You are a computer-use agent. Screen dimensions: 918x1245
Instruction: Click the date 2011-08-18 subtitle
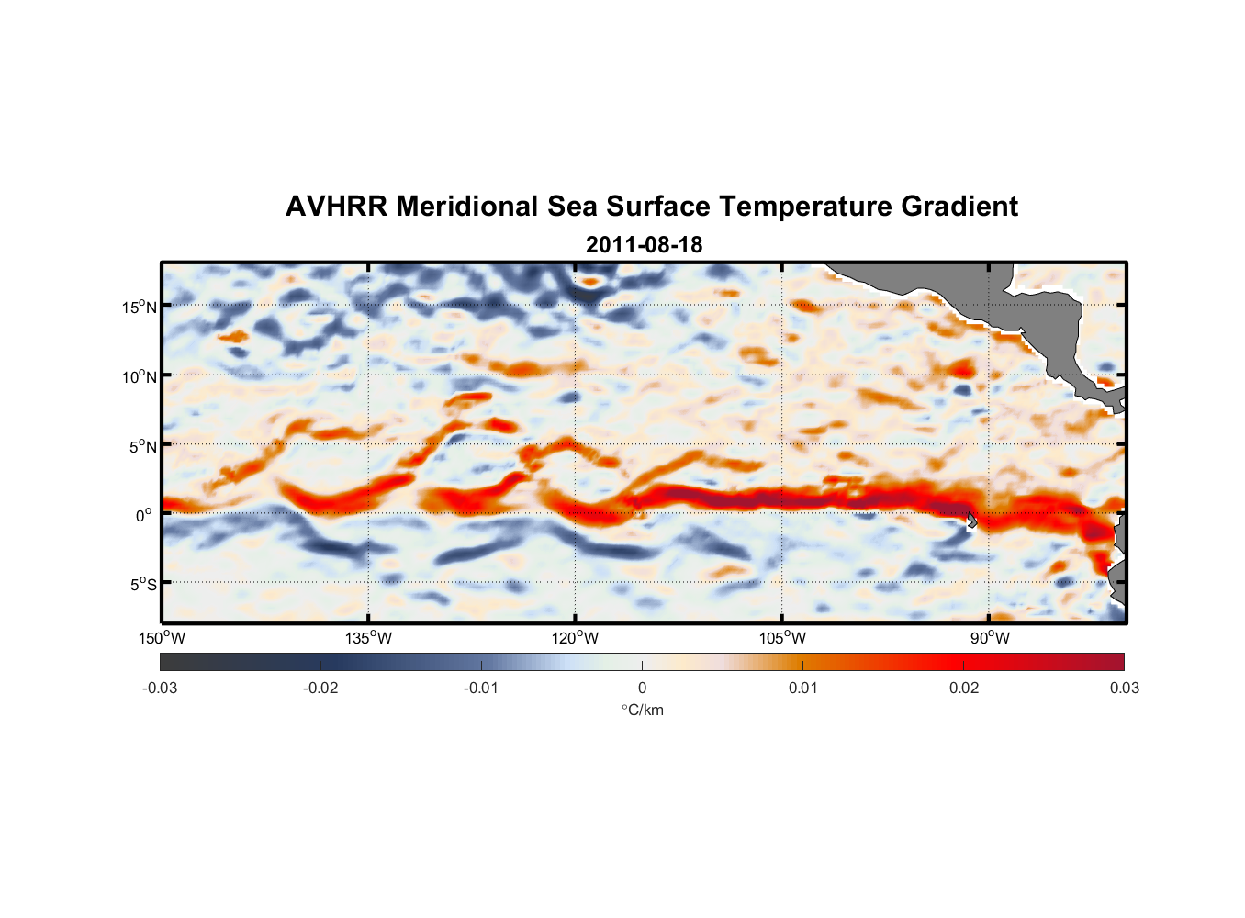coord(644,245)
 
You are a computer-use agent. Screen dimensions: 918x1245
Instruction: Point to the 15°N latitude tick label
coord(140,307)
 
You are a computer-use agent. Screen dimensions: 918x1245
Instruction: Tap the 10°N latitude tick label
coord(140,376)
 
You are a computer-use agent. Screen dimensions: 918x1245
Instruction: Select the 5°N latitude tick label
coord(142,446)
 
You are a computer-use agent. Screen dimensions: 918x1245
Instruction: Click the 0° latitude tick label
coord(144,515)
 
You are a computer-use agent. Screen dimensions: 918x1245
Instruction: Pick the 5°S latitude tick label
coord(142,584)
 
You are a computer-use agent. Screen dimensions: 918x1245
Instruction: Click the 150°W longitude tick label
coord(162,638)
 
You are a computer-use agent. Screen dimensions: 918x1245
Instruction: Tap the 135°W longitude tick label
coord(368,638)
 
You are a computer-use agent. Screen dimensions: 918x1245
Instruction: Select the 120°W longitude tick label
coord(575,638)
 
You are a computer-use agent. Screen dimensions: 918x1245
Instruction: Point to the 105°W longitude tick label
coord(782,638)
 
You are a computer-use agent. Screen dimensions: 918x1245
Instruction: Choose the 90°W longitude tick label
coord(989,638)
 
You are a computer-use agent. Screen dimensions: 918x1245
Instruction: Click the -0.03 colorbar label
coord(160,688)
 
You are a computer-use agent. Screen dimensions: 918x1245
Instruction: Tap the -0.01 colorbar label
coord(481,688)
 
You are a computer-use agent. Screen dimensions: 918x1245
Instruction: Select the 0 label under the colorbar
coord(642,688)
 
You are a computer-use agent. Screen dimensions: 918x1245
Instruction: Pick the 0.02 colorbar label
coord(964,688)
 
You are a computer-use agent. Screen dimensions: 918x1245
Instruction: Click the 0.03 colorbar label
coord(1124,688)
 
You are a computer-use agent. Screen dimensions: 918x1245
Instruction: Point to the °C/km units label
coord(642,710)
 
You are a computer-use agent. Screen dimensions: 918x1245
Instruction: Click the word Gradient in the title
coord(959,207)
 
